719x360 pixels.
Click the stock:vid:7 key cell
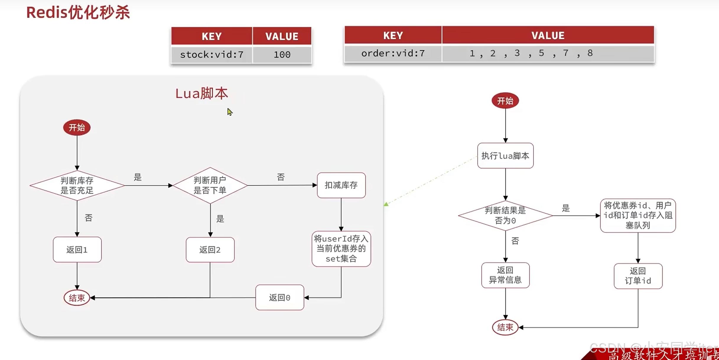(212, 54)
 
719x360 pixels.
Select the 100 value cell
(282, 54)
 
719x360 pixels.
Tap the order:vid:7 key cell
(393, 53)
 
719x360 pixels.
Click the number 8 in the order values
(590, 53)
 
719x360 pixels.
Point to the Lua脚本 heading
(201, 93)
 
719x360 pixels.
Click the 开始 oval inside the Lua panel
(77, 128)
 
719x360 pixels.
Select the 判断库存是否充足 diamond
(77, 185)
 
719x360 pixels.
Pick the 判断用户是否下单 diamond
(210, 185)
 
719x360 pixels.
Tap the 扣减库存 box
(341, 185)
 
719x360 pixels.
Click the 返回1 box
(77, 250)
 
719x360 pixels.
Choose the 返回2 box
(210, 250)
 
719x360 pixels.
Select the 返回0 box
(279, 297)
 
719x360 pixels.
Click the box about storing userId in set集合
(341, 249)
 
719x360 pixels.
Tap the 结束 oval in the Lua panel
(77, 298)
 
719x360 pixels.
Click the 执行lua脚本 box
(505, 156)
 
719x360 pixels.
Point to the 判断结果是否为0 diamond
(505, 216)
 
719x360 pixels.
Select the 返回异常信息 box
(505, 275)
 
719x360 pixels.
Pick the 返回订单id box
(638, 276)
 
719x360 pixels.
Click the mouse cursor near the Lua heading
(230, 112)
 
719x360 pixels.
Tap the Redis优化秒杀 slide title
(78, 13)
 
